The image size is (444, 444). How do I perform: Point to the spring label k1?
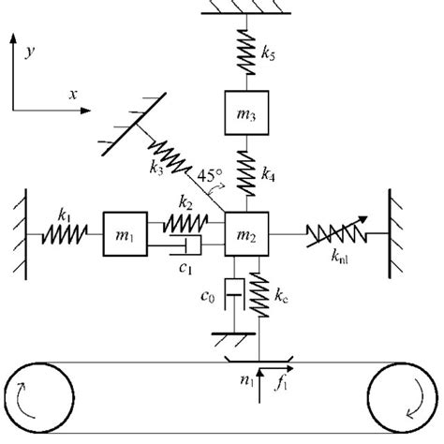tap(64, 215)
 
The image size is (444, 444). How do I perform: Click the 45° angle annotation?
tap(213, 175)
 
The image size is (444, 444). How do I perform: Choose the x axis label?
tap(72, 95)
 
